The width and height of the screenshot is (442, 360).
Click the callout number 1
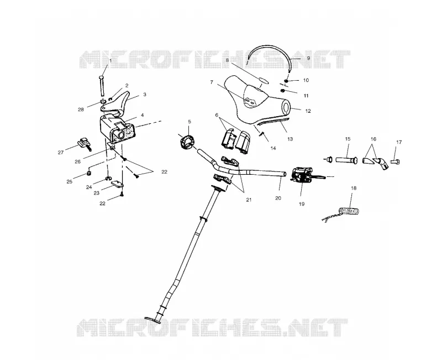pos(110,61)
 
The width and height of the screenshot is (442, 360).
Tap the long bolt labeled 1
pos(102,86)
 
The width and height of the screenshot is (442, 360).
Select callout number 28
pos(81,109)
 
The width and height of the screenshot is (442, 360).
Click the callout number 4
pos(143,115)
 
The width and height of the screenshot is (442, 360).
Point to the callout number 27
pos(61,153)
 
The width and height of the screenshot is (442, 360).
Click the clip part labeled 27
pos(84,144)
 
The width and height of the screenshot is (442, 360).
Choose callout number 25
pos(70,182)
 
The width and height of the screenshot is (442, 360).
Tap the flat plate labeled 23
pos(118,184)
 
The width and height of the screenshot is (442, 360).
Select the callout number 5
pos(190,122)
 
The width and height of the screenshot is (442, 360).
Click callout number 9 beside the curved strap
pos(308,58)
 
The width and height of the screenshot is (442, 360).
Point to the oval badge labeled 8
pos(263,81)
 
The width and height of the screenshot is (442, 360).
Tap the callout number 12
pos(308,111)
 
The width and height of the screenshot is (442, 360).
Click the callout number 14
pos(273,148)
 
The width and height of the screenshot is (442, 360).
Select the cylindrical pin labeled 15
pos(347,161)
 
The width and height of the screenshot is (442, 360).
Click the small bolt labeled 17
pos(395,162)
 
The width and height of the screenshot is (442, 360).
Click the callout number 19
pos(302,204)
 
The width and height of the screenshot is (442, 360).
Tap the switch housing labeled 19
pos(302,175)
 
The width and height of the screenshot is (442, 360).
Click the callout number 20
pos(278,198)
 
